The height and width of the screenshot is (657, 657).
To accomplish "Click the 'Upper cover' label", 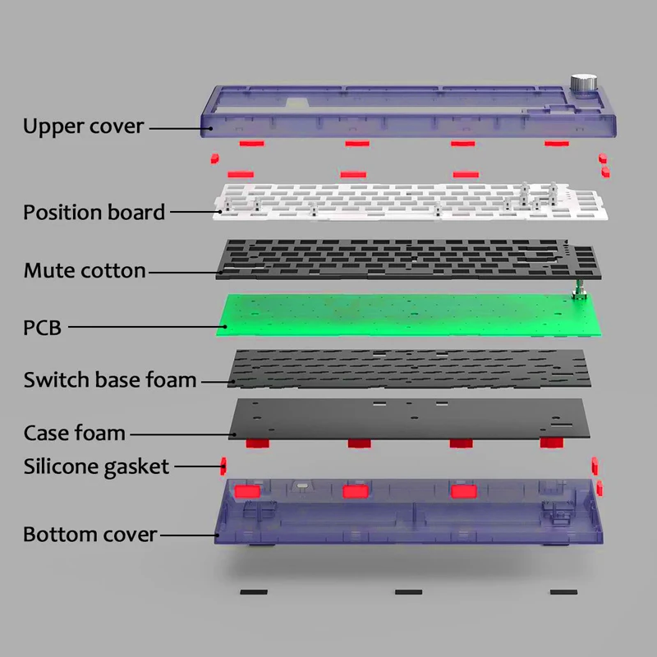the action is tap(83, 126).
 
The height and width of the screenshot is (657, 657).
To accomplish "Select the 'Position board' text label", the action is tap(94, 212).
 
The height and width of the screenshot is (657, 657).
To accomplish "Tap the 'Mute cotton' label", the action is tap(85, 270).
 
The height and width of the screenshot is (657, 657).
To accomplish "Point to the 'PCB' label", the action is tap(42, 328).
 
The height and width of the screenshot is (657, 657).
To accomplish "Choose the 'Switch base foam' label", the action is tap(110, 379).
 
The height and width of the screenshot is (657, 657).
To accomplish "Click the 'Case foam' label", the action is tap(74, 433).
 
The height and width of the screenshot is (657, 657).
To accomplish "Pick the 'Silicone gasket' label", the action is tap(96, 466).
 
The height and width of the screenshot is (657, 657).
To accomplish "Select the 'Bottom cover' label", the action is tap(90, 534).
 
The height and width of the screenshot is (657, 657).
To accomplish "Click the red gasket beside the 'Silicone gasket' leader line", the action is tap(223, 467).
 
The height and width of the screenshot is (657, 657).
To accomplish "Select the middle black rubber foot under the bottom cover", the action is tap(408, 591).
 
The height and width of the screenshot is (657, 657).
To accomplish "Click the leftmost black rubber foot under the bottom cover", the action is tap(254, 591).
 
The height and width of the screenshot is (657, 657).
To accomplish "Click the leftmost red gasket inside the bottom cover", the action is tap(246, 491).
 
